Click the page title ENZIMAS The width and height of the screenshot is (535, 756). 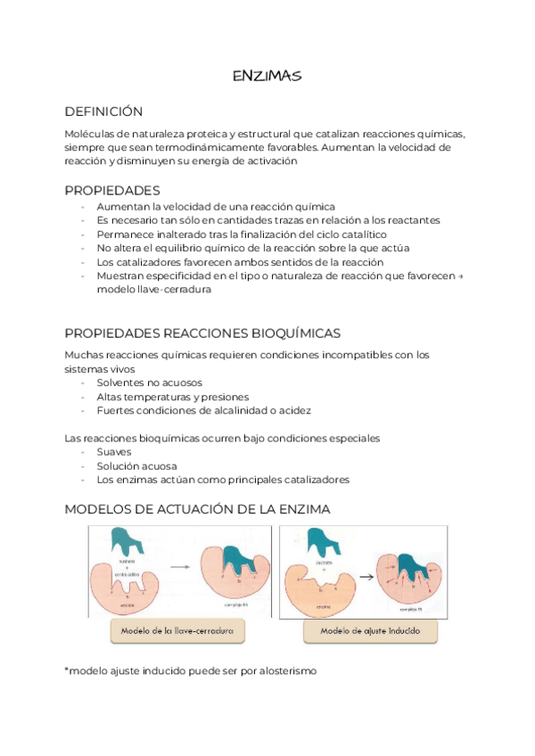267,77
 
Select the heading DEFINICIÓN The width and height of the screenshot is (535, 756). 103,111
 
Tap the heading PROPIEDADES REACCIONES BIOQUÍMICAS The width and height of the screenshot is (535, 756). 202,333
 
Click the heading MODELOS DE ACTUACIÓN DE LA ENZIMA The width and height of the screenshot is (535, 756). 198,509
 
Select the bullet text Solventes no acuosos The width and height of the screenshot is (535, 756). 143,382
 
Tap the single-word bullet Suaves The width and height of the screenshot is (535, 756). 114,452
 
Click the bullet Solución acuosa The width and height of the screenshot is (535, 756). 137,466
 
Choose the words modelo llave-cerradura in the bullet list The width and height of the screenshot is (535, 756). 153,290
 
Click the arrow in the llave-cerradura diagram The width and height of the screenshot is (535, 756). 179,566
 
